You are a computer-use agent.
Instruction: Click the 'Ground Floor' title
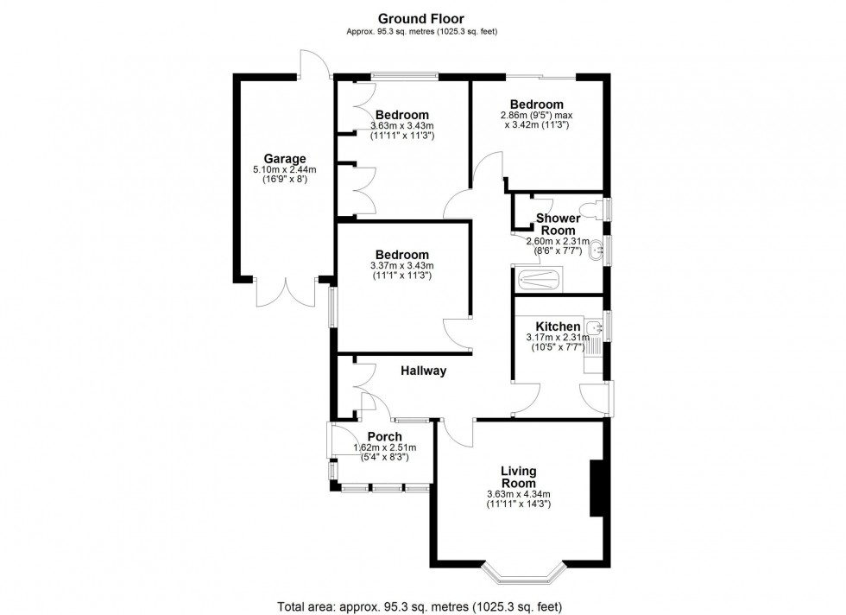pos(420,18)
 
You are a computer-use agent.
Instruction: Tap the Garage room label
pos(285,159)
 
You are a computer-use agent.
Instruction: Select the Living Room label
pos(519,477)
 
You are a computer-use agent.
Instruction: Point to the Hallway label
pos(423,371)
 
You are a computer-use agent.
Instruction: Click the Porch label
pos(384,436)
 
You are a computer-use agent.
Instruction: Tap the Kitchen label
pos(558,327)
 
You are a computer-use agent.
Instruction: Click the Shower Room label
pos(558,225)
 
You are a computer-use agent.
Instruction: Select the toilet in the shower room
pos(591,209)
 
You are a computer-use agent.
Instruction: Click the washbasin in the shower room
pos(595,252)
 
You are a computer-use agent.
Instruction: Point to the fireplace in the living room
pos(596,488)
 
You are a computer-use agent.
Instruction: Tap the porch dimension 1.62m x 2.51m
pos(384,447)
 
